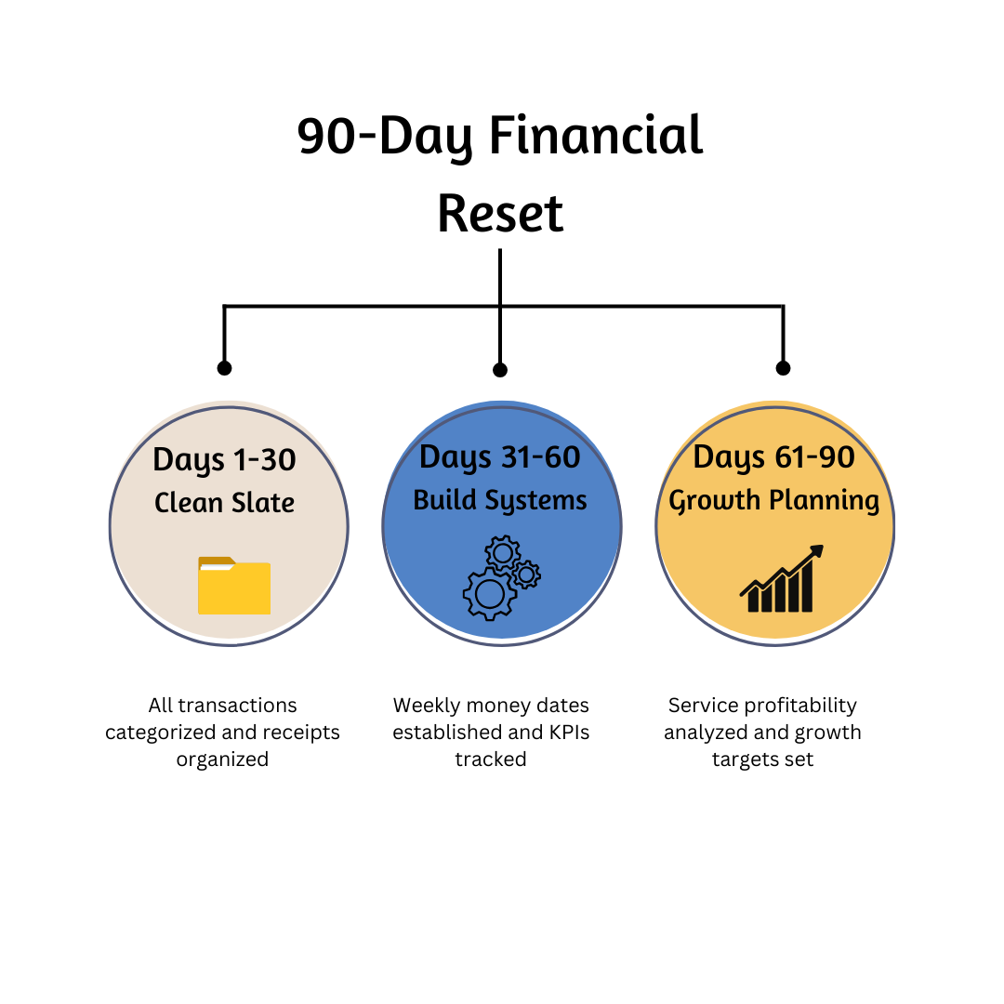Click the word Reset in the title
pos(500,213)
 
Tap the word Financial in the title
pos(596,136)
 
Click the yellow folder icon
pos(233,586)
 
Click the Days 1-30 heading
pos(224,460)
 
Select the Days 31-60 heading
pos(500,457)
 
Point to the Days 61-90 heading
pos(773,457)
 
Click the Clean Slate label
pos(224,503)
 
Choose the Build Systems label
pos(500,500)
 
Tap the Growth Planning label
pos(773,500)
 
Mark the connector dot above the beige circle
pos(224,368)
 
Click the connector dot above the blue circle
pos(500,370)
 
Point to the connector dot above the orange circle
pos(783,368)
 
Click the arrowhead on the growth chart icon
pos(817,551)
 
